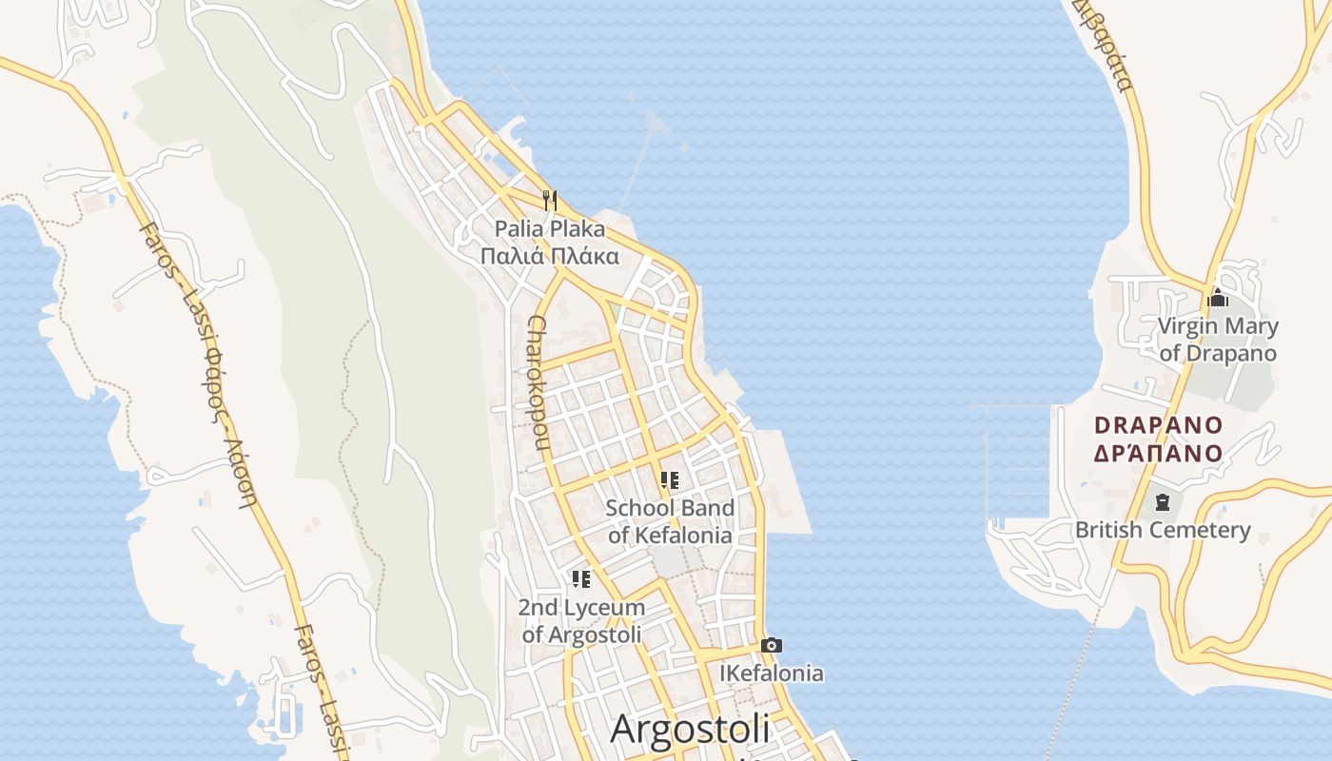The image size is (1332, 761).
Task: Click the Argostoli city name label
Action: click(690, 730)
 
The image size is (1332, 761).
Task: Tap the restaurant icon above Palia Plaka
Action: click(549, 200)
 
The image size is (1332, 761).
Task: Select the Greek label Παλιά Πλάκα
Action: click(549, 256)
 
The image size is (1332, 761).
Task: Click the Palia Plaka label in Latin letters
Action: click(549, 229)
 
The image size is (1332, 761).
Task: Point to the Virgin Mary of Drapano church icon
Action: click(1218, 298)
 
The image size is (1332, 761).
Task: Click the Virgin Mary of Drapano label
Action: click(1218, 340)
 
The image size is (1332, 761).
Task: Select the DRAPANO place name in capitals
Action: click(1158, 425)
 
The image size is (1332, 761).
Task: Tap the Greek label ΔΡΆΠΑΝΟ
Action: click(1158, 453)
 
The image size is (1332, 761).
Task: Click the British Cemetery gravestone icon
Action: click(1161, 501)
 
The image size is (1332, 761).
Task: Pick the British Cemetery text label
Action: click(1163, 530)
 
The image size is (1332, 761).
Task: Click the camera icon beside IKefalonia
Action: click(772, 646)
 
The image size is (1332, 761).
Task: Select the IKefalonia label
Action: click(772, 673)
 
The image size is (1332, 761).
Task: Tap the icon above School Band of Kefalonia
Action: click(670, 480)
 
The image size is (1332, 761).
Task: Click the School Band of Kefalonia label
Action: click(670, 521)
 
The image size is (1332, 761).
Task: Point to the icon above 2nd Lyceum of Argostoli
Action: click(581, 579)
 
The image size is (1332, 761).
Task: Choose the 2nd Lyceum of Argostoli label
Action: click(581, 620)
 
